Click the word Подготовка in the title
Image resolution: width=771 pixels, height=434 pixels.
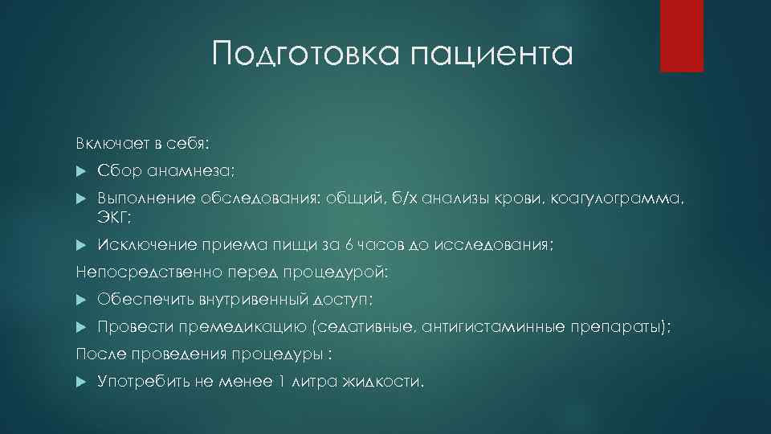point(306,55)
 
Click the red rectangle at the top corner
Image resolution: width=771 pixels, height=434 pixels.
point(682,35)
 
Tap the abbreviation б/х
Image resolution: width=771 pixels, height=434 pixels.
point(406,199)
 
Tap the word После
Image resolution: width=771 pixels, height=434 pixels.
point(95,354)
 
